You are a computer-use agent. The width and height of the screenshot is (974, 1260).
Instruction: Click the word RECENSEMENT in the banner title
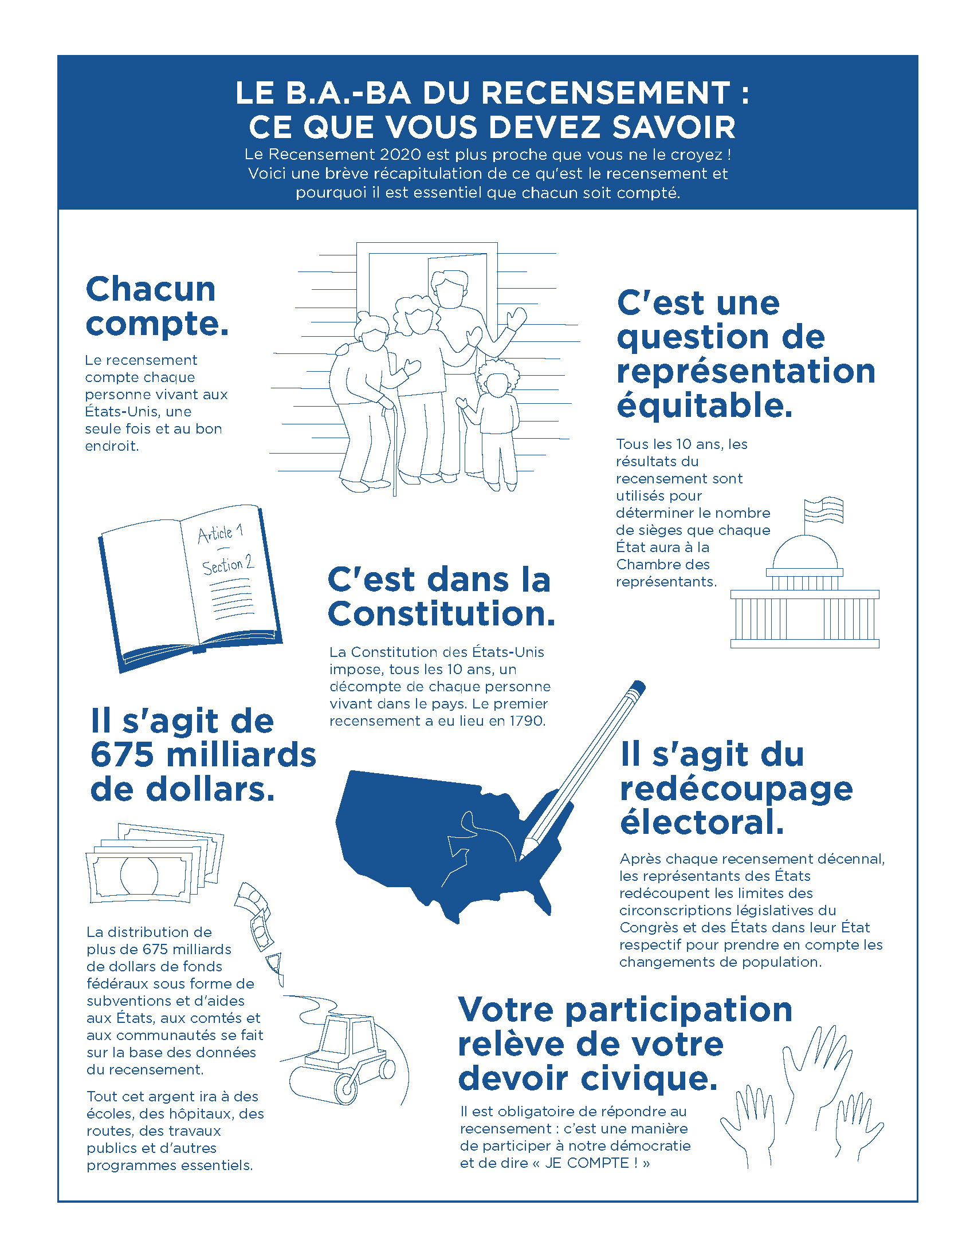click(x=606, y=93)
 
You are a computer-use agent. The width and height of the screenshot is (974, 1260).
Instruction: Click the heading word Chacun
click(x=151, y=289)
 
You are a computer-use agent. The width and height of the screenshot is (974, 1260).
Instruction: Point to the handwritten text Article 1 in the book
click(x=220, y=533)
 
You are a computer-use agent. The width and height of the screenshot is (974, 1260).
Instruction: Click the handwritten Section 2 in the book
click(x=227, y=565)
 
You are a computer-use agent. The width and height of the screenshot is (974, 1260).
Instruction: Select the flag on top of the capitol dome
click(x=824, y=509)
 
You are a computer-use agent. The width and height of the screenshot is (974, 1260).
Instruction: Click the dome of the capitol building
click(x=804, y=552)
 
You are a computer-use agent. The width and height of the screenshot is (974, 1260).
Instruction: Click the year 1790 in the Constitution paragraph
click(x=526, y=721)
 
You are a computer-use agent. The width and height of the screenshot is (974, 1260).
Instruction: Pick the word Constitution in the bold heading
click(x=441, y=615)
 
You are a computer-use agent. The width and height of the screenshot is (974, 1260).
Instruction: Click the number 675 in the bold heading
click(x=123, y=755)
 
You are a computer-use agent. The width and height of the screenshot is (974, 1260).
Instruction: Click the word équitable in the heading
click(x=704, y=405)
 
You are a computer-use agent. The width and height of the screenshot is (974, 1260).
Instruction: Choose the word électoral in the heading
click(x=702, y=822)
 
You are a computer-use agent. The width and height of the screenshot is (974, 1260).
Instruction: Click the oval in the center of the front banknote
click(x=139, y=875)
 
